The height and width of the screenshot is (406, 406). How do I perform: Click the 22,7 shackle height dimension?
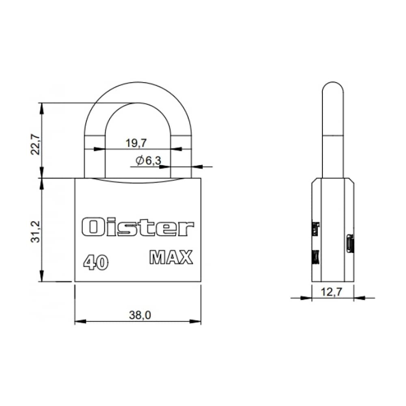[36, 143]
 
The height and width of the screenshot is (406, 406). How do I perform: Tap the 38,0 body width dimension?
[138, 315]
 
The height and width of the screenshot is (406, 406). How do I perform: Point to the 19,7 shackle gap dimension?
[136, 143]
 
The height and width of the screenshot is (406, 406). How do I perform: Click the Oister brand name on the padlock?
[138, 228]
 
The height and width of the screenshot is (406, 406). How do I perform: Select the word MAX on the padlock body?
[171, 258]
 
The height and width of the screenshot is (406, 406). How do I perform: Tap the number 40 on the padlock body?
[96, 263]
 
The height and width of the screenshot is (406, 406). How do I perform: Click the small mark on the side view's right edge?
[350, 244]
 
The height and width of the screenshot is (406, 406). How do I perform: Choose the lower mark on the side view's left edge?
[315, 257]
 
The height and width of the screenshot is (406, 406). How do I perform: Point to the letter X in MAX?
[186, 258]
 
